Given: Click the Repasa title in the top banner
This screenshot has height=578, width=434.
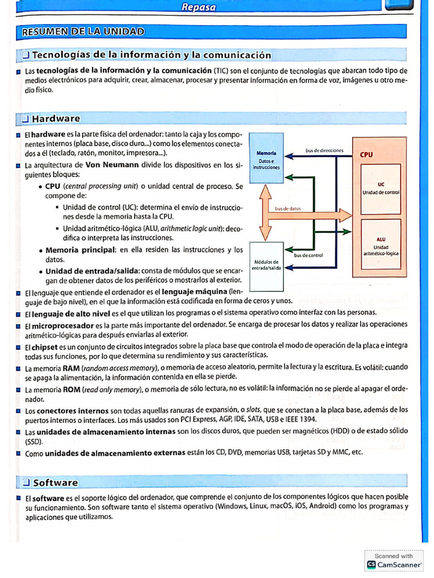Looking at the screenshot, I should (x=198, y=7).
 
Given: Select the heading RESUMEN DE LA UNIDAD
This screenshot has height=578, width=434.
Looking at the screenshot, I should (x=83, y=32).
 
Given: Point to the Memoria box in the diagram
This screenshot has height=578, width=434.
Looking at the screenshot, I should (x=266, y=160).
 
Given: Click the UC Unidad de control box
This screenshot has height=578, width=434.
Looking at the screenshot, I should (x=381, y=189).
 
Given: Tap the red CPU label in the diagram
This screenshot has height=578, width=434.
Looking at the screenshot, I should (x=366, y=155).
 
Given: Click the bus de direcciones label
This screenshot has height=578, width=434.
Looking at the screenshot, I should (x=324, y=151).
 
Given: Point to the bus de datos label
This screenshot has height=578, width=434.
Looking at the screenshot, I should (x=288, y=209).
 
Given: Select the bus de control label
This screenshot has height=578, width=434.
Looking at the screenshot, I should (x=309, y=255).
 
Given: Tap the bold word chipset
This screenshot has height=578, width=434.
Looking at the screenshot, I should (x=45, y=345).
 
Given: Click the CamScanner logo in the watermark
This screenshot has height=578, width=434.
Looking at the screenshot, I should (x=371, y=564).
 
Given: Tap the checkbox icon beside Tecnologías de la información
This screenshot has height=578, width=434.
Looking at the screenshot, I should (x=25, y=55).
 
